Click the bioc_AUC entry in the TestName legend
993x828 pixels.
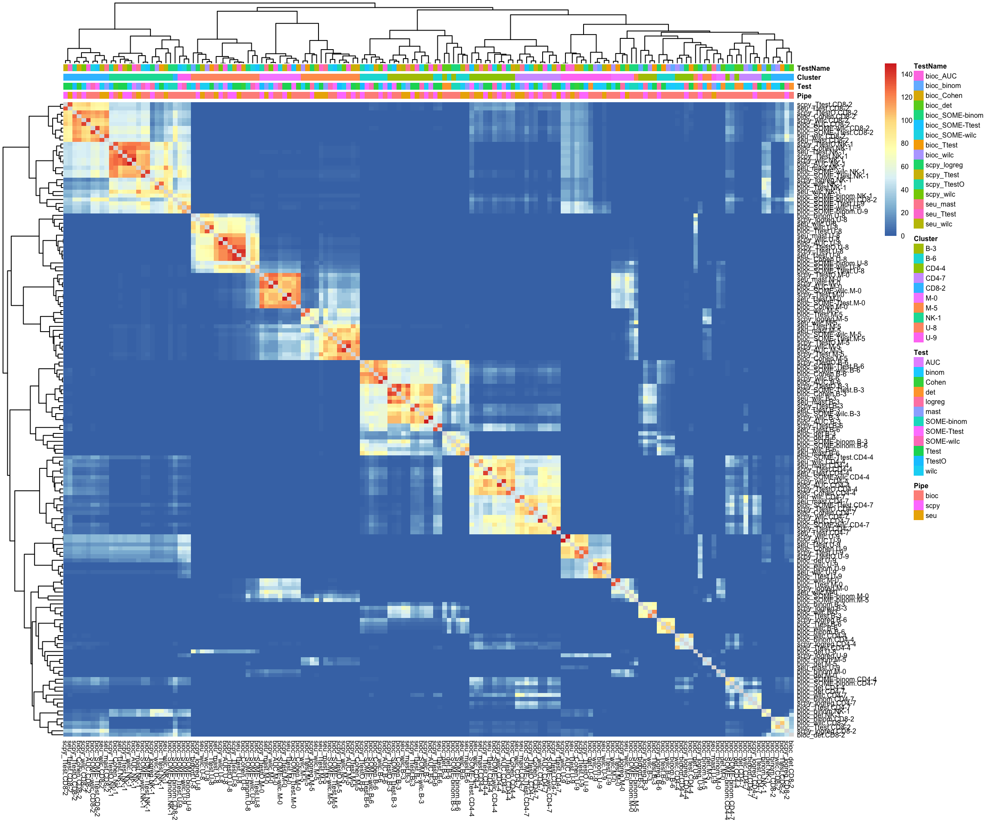coord(940,76)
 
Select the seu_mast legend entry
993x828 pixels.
coord(940,204)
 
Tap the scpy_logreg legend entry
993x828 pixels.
coord(944,165)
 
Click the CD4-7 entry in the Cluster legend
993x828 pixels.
coord(935,278)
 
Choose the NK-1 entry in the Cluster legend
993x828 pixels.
coord(933,318)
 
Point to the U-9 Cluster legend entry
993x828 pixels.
coord(931,338)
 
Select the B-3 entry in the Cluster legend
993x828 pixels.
coord(931,248)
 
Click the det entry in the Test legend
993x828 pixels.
coord(930,392)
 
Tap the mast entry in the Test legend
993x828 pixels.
coord(933,412)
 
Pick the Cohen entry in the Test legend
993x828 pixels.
coord(935,382)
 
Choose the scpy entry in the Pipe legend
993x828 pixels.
coord(932,505)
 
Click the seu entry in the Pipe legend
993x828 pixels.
coord(931,515)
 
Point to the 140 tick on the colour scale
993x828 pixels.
coord(906,74)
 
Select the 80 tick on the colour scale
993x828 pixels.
coord(905,143)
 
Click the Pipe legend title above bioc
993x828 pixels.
coord(921,486)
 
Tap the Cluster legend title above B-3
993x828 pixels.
coord(925,238)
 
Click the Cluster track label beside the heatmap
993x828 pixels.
coord(809,77)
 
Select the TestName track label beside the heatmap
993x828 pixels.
coord(813,68)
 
